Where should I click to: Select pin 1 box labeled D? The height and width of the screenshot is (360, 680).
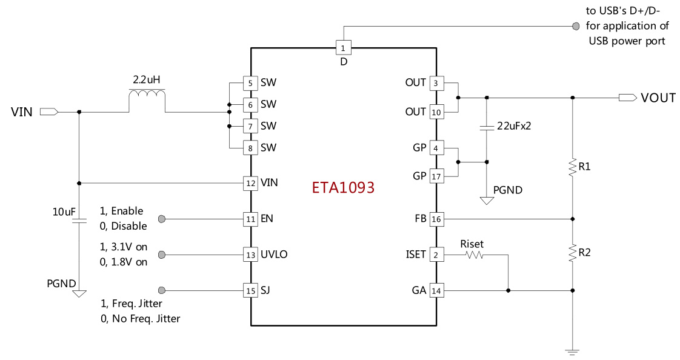point(343,47)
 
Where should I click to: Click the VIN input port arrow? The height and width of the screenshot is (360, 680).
point(49,112)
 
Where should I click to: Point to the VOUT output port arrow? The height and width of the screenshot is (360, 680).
point(627,98)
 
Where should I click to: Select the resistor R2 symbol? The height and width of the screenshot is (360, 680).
point(572,253)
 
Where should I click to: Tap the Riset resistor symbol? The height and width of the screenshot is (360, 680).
point(473,256)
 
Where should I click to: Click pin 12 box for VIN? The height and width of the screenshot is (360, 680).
point(250,182)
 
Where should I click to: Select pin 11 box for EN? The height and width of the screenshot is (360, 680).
point(250,219)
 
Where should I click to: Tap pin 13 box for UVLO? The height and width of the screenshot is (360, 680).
point(250,255)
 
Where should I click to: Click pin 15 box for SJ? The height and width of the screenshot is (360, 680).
point(250,290)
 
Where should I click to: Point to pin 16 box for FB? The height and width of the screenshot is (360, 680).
point(436,219)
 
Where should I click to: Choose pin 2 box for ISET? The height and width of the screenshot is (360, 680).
point(436,255)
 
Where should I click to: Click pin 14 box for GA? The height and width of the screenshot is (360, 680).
point(436,291)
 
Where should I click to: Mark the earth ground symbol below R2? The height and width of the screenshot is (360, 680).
point(572,351)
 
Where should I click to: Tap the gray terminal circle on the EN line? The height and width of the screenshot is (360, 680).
point(162,219)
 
